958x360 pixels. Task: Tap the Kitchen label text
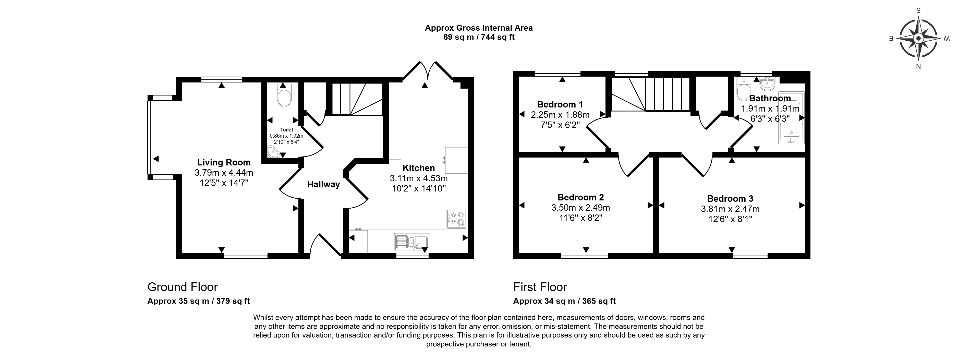418,168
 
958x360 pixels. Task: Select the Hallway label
324,184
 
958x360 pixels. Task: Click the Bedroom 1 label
560,104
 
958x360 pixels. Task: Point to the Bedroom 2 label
580,197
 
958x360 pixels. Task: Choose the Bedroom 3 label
730,199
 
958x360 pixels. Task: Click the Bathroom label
770,99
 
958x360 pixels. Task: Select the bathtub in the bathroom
791,117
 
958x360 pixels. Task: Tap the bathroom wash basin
767,84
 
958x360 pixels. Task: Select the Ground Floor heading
183,287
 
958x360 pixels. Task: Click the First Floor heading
540,287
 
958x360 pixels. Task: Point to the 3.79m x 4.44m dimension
224,173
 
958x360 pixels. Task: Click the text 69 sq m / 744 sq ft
479,37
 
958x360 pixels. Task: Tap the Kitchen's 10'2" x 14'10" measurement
419,189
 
